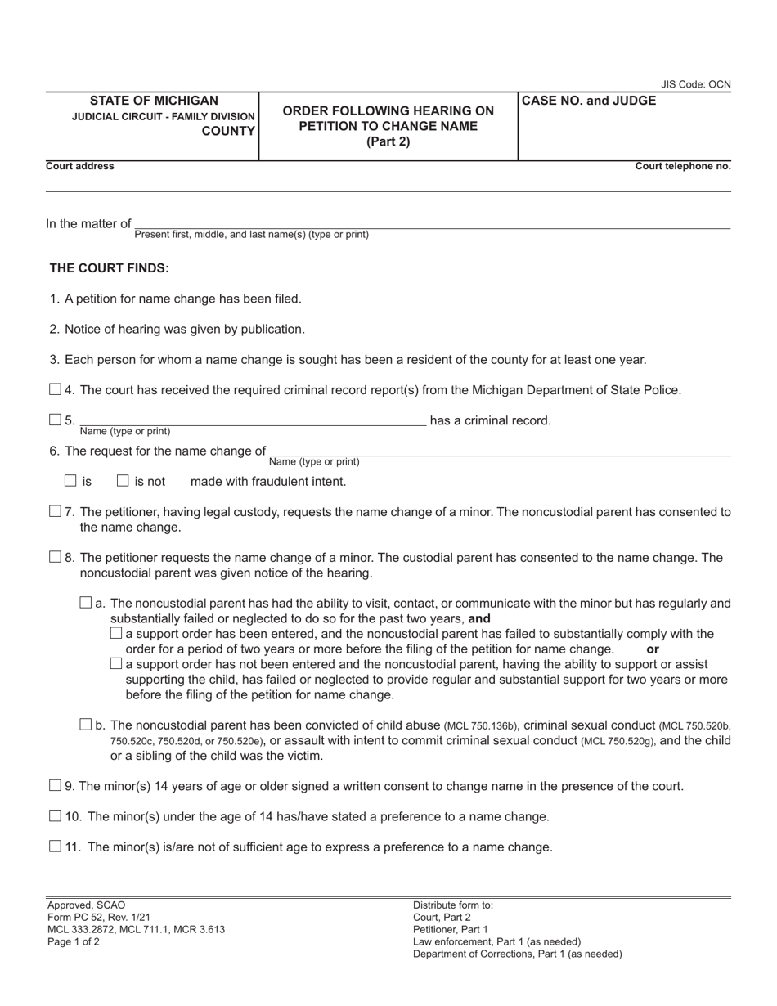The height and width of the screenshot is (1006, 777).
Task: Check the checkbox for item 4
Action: click(x=55, y=389)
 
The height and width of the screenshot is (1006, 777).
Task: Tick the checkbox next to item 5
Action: click(x=55, y=420)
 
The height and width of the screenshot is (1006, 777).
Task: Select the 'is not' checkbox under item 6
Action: click(x=123, y=481)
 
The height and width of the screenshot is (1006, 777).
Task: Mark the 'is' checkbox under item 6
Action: click(x=70, y=481)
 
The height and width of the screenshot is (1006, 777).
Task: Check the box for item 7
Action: click(x=55, y=511)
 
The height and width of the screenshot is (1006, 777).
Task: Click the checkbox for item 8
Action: click(x=55, y=557)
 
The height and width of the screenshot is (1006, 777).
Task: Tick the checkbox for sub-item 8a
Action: click(x=86, y=603)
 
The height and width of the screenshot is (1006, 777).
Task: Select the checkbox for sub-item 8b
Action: click(x=86, y=724)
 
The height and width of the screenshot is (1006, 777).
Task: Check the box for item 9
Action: click(x=55, y=785)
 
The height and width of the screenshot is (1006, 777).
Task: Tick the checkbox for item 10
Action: click(x=55, y=815)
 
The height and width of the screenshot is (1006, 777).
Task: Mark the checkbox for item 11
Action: click(x=55, y=846)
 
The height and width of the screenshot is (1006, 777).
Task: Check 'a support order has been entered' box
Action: click(x=116, y=633)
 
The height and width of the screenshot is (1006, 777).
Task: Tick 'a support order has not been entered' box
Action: click(x=116, y=663)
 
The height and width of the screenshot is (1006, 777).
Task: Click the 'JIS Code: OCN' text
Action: click(x=696, y=84)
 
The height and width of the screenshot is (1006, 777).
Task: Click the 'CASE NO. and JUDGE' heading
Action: click(x=589, y=101)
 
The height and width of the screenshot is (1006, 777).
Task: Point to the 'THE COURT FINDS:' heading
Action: click(x=110, y=267)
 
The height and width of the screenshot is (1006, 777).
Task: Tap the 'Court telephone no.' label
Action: click(x=683, y=166)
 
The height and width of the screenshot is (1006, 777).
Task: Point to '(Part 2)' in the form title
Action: click(x=388, y=141)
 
